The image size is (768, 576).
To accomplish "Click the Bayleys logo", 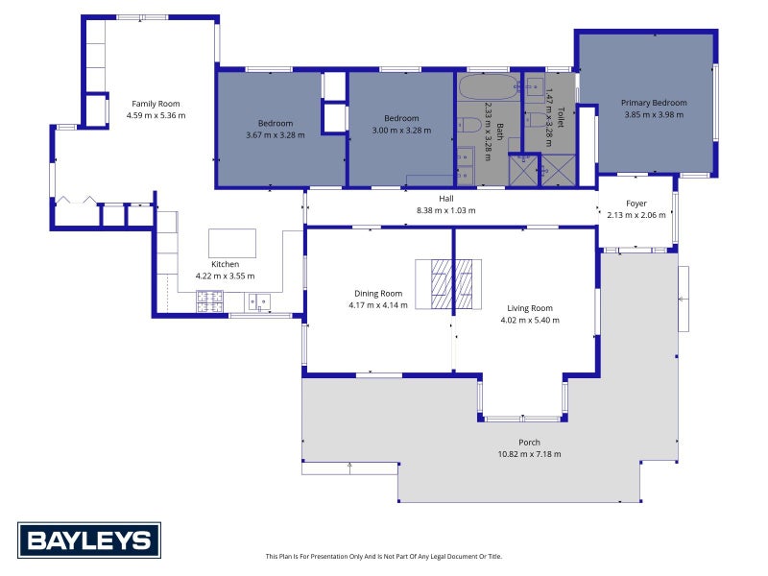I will click(89, 540).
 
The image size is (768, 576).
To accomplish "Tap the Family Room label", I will click(156, 104).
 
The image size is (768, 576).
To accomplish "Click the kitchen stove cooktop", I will click(209, 302).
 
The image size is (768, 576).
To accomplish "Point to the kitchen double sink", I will click(259, 303).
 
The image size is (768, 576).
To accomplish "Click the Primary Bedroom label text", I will click(654, 103).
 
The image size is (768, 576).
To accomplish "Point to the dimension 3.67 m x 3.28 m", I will click(275, 134).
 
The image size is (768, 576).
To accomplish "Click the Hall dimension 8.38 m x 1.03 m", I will click(445, 210).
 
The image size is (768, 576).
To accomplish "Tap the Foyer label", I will click(636, 204).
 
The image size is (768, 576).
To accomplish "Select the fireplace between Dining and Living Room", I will click(448, 285).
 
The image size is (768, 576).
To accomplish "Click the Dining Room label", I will click(376, 294).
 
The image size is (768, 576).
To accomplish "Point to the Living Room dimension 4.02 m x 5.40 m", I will click(526, 320).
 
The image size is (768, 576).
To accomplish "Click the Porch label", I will click(529, 443).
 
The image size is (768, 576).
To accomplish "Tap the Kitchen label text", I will click(225, 264).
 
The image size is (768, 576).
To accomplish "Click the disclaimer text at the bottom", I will click(383, 556).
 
